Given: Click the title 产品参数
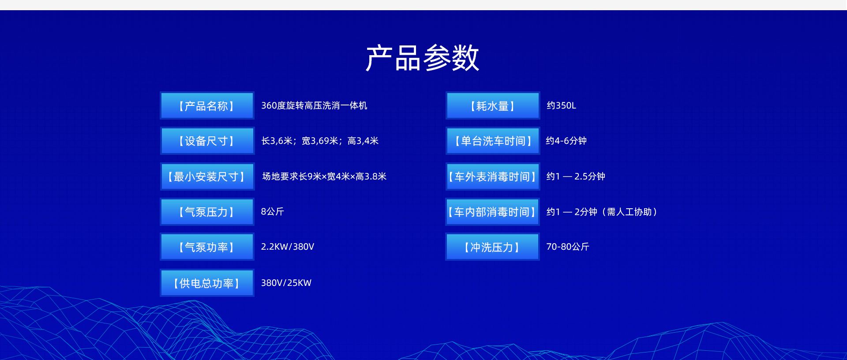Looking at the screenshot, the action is pos(423,58).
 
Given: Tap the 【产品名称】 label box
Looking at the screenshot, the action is pos(207,105).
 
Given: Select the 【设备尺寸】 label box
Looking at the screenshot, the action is pos(207,141).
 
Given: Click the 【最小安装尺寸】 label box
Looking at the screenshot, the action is pos(207,176).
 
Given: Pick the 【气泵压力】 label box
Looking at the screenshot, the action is pos(207,212).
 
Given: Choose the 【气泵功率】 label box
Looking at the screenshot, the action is pos(207,247).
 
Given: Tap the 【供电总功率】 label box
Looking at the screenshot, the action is pos(207,283).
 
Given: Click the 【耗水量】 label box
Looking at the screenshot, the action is pos(493,105).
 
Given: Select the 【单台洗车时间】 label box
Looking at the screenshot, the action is pos(493,141).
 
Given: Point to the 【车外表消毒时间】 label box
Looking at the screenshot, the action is pos(493,176).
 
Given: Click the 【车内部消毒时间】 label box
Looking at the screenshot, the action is pos(493,212).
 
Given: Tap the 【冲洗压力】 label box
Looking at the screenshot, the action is pos(493,247).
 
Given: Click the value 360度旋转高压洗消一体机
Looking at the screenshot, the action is pos(314,105).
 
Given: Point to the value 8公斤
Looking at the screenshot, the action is pos(273,212).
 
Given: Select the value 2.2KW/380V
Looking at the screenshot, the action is pos(288,247).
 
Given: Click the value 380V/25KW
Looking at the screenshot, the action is pos(286,283).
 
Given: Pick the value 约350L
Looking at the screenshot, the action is pos(561,105).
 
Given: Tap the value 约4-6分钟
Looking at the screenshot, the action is pos(566,141).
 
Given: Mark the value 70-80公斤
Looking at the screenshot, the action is pos(568,247).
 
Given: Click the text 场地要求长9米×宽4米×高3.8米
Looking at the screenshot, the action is pos(324,176).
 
